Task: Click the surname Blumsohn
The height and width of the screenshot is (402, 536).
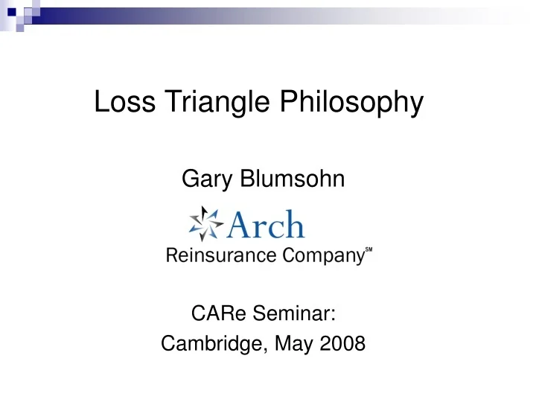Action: pyautogui.click(x=287, y=178)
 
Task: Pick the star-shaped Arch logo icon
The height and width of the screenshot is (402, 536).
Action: pyautogui.click(x=205, y=223)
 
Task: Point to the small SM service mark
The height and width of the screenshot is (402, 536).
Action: pyautogui.click(x=368, y=252)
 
